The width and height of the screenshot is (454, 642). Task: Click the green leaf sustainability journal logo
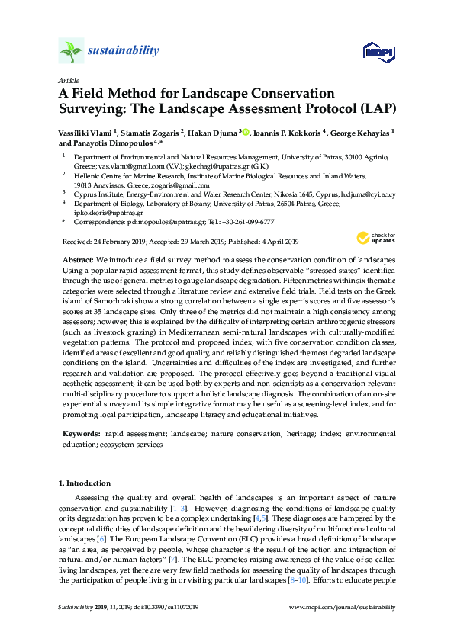pyautogui.click(x=72, y=51)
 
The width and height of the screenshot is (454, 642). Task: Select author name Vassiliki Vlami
pyautogui.click(x=84, y=131)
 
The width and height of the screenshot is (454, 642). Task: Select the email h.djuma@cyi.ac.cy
pyautogui.click(x=368, y=194)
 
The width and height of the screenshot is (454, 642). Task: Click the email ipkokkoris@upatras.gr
pyautogui.click(x=106, y=213)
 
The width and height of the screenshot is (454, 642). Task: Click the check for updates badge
pyautogui.click(x=378, y=238)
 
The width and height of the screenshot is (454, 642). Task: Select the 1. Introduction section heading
pyautogui.click(x=85, y=483)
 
